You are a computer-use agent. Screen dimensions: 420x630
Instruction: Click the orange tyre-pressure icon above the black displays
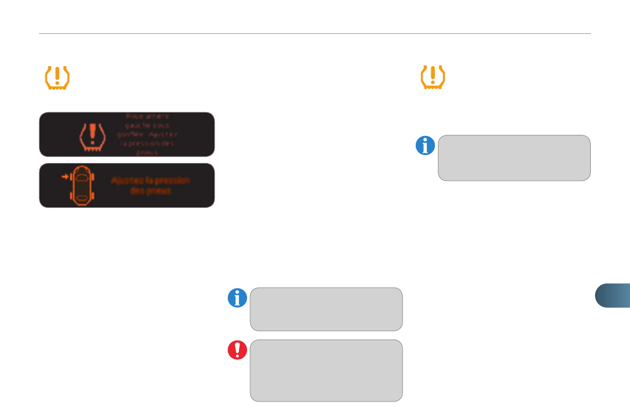57,78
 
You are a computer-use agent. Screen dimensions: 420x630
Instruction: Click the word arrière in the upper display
158,116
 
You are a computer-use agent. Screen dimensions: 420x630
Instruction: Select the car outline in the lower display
82,185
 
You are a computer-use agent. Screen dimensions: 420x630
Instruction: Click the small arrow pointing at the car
65,177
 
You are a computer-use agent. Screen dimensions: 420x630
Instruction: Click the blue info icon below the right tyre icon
425,145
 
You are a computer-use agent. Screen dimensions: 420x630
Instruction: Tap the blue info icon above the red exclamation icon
238,298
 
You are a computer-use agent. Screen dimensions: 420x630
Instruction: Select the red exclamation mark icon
238,350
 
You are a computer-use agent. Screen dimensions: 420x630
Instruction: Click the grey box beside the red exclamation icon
326,370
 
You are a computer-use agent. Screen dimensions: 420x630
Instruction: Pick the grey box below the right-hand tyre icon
514,158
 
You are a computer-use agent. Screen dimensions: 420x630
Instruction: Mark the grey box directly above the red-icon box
326,309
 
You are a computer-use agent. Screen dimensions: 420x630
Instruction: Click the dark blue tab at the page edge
613,295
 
